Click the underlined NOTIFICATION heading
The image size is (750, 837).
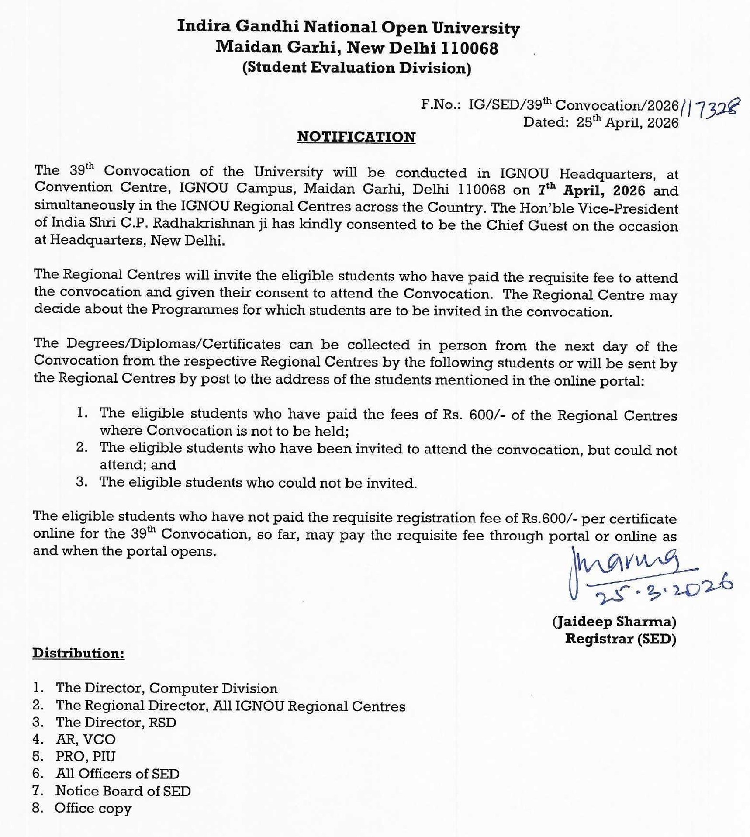pyautogui.click(x=356, y=137)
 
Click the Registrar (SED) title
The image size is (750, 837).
pyautogui.click(x=620, y=639)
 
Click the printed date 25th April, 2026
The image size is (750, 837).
pyautogui.click(x=627, y=123)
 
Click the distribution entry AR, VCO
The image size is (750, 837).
pyautogui.click(x=86, y=739)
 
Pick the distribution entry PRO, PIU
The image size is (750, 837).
pyautogui.click(x=86, y=756)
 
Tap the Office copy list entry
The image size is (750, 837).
pyautogui.click(x=93, y=808)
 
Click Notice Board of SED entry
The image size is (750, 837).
pyautogui.click(x=123, y=791)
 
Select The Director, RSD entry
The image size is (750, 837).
pyautogui.click(x=116, y=722)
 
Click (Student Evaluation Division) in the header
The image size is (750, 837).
pyautogui.click(x=357, y=68)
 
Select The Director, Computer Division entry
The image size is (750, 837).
pyautogui.click(x=166, y=688)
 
